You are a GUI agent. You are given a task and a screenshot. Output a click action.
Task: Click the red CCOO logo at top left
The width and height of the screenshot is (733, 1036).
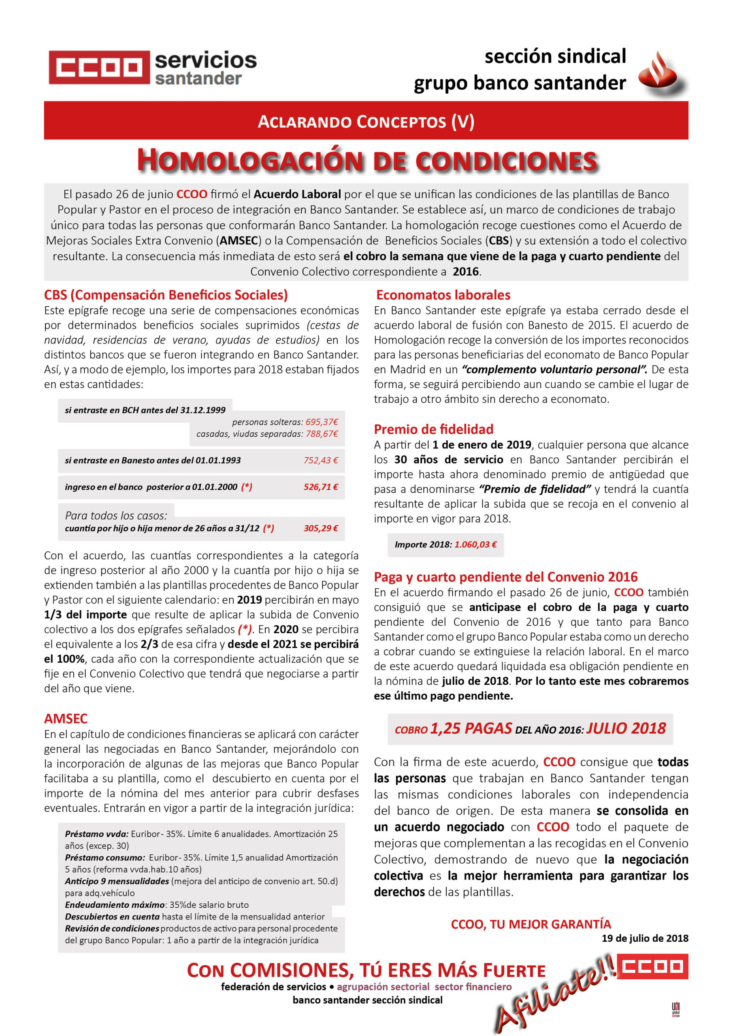(x=99, y=67)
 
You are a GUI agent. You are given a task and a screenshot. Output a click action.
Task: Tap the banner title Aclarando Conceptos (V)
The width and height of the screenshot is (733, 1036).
(x=366, y=121)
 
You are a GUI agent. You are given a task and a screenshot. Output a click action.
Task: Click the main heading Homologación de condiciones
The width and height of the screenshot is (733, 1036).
(x=367, y=160)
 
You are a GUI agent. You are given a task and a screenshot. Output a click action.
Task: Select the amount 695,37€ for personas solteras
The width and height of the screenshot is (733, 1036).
(x=322, y=422)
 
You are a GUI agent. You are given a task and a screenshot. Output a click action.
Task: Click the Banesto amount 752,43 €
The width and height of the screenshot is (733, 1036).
(x=321, y=460)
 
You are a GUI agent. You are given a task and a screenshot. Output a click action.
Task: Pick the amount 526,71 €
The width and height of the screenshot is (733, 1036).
(x=321, y=487)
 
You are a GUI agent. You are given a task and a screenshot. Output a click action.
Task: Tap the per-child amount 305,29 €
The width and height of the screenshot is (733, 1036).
(x=321, y=528)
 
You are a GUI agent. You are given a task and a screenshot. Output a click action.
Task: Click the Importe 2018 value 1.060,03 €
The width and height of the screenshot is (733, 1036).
(x=475, y=545)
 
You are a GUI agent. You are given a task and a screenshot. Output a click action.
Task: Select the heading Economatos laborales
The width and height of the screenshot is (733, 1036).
(x=443, y=295)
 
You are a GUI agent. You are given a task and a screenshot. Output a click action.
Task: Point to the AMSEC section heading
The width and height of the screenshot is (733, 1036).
(x=66, y=718)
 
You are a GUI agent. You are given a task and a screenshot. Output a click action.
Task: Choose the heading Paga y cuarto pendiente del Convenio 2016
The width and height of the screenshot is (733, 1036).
(x=505, y=577)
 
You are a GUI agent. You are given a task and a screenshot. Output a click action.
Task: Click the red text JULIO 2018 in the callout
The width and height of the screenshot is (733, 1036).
(x=626, y=729)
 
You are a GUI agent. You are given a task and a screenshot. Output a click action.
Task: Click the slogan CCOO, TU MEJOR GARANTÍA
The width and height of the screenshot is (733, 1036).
(x=531, y=923)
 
